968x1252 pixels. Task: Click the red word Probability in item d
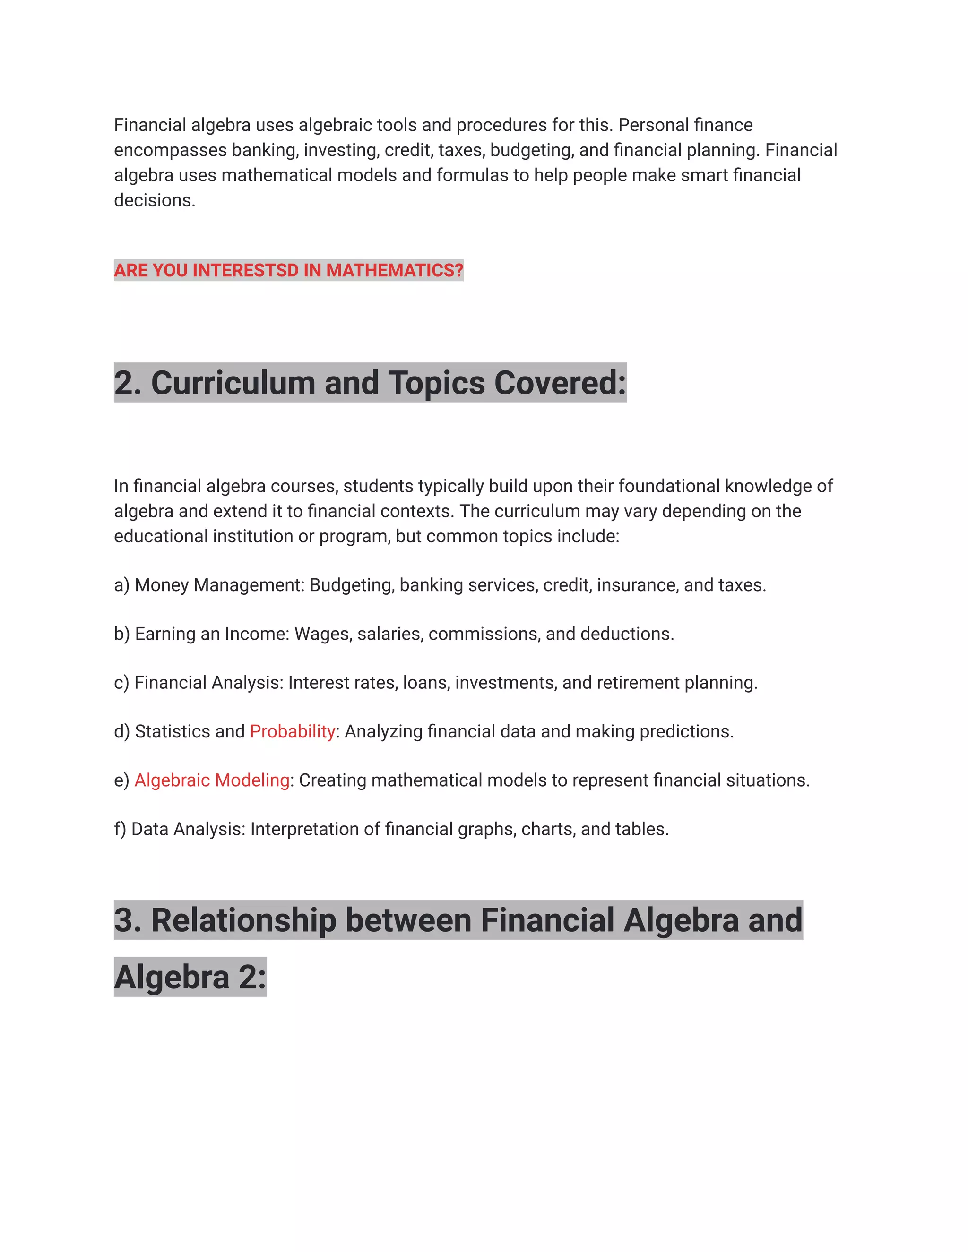tap(293, 731)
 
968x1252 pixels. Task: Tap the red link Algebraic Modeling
tap(212, 780)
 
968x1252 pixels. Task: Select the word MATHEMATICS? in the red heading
tap(395, 270)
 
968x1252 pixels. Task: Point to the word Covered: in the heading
tap(560, 383)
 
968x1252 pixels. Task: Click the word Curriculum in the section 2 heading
tap(233, 383)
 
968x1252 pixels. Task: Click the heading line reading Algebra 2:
tap(190, 977)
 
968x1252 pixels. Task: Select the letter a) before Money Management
tap(121, 585)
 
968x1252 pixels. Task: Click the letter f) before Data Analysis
tap(120, 829)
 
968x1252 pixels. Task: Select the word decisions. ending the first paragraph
tap(155, 200)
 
